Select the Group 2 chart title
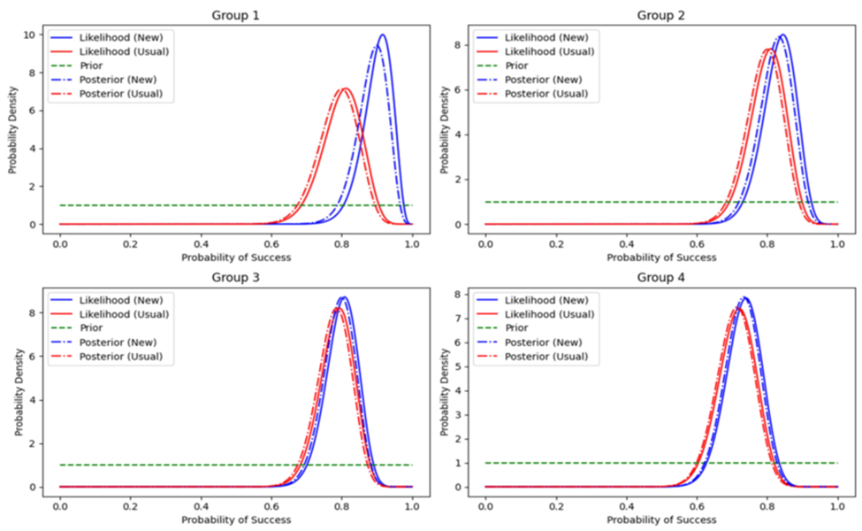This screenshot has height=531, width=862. point(660,15)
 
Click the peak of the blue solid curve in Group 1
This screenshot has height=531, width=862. point(382,35)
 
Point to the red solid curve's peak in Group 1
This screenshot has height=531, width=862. point(345,88)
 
